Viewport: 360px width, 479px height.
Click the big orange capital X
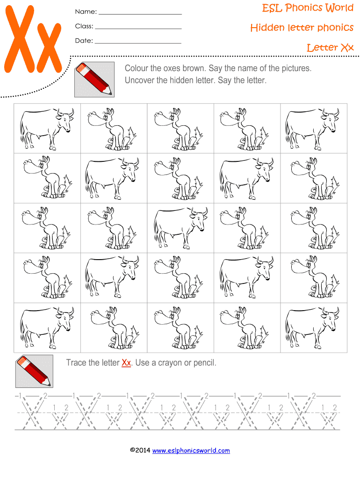(x=19, y=39)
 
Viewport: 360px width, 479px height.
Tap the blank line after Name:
(x=140, y=14)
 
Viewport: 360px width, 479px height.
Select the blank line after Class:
(x=138, y=29)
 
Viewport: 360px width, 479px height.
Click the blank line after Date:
(x=138, y=43)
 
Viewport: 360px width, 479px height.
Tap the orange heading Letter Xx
(x=330, y=48)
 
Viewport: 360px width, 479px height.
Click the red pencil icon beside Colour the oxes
(x=94, y=80)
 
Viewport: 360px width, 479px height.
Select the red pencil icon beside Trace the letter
(x=34, y=371)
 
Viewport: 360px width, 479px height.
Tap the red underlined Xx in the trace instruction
(x=126, y=363)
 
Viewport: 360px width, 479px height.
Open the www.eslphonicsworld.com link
(x=191, y=450)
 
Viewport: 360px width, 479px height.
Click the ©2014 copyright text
(x=140, y=450)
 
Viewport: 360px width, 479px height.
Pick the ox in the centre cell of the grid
(x=181, y=228)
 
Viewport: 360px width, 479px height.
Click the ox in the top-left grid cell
(x=47, y=129)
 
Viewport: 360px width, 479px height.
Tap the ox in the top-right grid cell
(x=312, y=129)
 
